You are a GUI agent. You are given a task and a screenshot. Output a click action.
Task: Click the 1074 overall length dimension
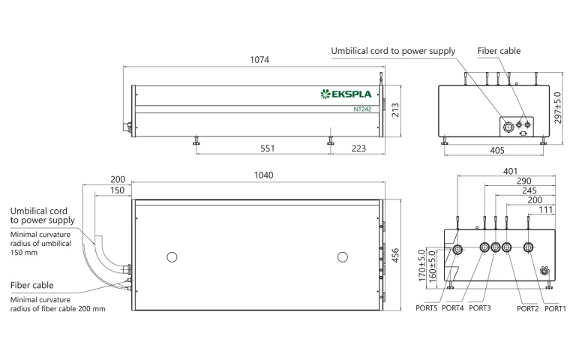pyautogui.click(x=260, y=59)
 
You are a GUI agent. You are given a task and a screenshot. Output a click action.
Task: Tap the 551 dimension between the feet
pyautogui.click(x=267, y=148)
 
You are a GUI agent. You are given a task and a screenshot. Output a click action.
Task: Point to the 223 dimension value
pyautogui.click(x=358, y=148)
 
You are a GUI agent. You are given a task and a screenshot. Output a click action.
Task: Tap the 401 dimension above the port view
pyautogui.click(x=509, y=171)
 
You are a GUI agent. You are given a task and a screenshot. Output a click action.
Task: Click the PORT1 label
pyautogui.click(x=555, y=308)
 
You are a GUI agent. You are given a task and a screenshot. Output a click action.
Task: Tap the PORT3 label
pyautogui.click(x=480, y=308)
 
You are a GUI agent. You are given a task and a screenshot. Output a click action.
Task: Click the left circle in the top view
pyautogui.click(x=172, y=257)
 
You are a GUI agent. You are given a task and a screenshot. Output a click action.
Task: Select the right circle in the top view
pyautogui.click(x=343, y=257)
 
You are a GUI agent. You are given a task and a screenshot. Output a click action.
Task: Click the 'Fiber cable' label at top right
pyautogui.click(x=499, y=51)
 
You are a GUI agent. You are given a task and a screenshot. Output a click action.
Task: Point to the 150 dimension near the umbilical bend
pyautogui.click(x=117, y=190)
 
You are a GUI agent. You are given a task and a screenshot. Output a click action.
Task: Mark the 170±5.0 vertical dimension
pyautogui.click(x=421, y=265)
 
